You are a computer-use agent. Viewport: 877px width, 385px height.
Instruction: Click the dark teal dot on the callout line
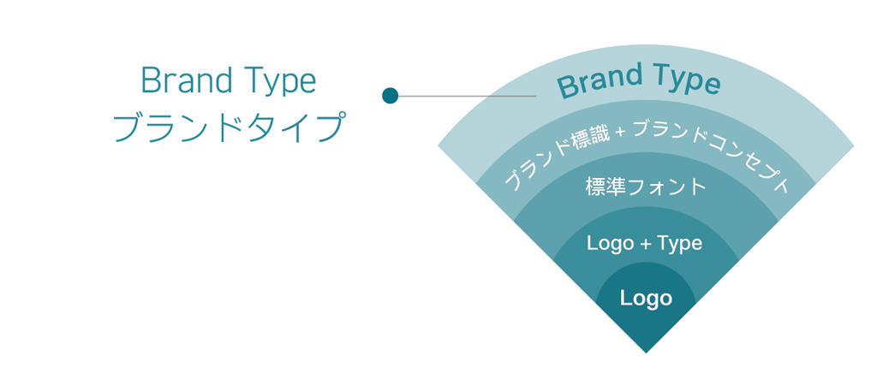[390, 96]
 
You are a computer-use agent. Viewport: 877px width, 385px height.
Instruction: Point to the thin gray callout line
[467, 96]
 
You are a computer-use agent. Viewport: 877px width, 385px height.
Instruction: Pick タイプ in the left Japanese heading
[293, 128]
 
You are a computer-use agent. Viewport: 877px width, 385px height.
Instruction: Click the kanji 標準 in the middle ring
[606, 186]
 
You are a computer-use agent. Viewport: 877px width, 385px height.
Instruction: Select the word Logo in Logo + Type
[611, 244]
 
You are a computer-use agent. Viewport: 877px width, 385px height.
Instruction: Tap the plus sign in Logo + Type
[645, 245]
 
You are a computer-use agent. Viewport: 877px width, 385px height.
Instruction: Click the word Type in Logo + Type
[679, 245]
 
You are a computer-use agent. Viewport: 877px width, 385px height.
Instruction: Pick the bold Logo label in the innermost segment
[646, 299]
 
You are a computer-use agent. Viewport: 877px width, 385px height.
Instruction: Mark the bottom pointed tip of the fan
[646, 352]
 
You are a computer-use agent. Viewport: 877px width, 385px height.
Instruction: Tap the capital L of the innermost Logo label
[624, 297]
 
